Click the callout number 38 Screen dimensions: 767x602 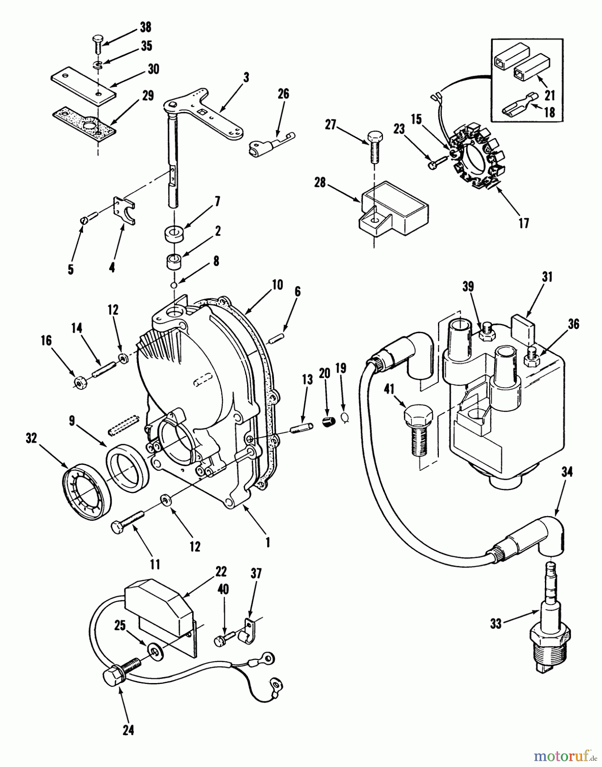point(145,27)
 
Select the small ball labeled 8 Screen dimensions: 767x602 point(174,285)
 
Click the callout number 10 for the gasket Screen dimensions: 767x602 point(277,285)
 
